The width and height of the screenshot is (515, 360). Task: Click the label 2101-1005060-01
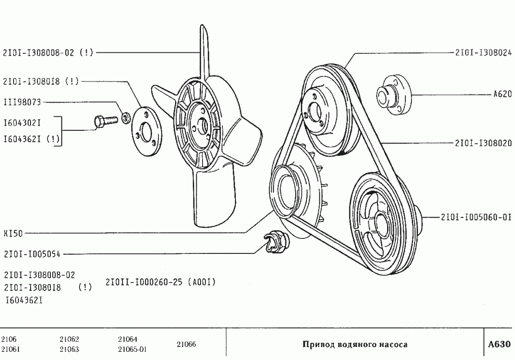click(476, 217)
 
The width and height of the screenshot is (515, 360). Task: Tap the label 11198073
click(22, 102)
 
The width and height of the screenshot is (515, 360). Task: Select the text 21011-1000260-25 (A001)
click(160, 282)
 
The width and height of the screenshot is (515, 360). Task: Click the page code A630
click(499, 344)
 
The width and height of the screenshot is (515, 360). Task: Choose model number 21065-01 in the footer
click(132, 349)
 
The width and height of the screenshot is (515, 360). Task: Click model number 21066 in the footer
click(187, 344)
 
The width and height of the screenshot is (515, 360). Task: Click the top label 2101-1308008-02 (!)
click(48, 53)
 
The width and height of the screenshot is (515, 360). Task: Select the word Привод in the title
click(317, 344)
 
